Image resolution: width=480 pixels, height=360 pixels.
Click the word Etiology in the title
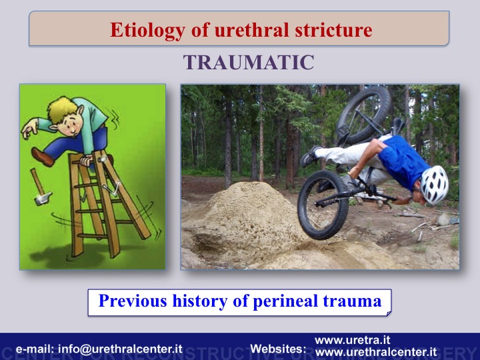(x=148, y=31)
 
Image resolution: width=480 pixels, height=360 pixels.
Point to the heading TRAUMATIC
(x=249, y=62)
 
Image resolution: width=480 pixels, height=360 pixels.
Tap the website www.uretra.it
(x=353, y=340)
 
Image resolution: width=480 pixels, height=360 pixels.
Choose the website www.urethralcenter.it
(x=376, y=352)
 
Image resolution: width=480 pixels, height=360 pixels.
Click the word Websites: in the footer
(x=278, y=349)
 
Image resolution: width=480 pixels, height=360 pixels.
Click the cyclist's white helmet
(x=434, y=185)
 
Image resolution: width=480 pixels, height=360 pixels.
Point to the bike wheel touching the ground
(x=323, y=205)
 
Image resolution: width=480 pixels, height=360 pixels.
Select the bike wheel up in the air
(x=363, y=115)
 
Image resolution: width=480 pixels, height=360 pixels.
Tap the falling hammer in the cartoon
(x=41, y=187)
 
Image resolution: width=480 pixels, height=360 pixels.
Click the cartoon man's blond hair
(x=63, y=109)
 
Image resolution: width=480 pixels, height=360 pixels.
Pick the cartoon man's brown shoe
(x=42, y=157)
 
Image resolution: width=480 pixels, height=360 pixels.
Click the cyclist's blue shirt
(x=402, y=161)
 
